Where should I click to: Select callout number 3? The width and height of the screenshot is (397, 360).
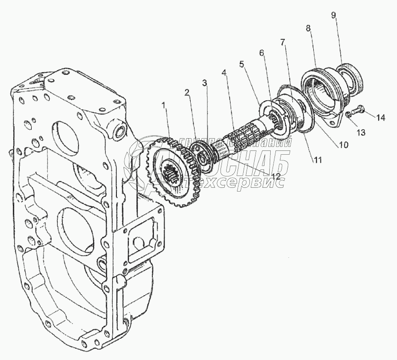[204, 83]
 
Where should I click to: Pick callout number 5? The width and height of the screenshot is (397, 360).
[243, 63]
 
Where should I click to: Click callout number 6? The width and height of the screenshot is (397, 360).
[261, 53]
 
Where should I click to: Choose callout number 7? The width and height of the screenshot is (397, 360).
[282, 42]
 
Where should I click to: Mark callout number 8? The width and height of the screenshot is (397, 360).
[309, 29]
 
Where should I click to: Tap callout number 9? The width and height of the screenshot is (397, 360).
[334, 16]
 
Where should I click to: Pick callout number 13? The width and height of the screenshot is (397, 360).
[361, 133]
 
